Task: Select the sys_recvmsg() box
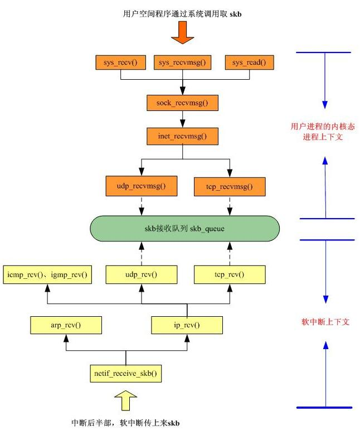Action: pyautogui.click(x=182, y=62)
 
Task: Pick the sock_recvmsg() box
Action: pyautogui.click(x=182, y=103)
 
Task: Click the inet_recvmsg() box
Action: pyautogui.click(x=182, y=136)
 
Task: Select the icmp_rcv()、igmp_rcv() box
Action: pyautogui.click(x=48, y=274)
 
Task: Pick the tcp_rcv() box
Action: pyautogui.click(x=227, y=274)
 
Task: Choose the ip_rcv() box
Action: pyautogui.click(x=187, y=323)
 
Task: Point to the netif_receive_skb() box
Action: pyautogui.click(x=126, y=373)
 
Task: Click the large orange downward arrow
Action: pyautogui.click(x=182, y=32)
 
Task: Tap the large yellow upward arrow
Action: pyautogui.click(x=126, y=402)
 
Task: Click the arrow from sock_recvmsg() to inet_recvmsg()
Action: pyautogui.click(x=182, y=119)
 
